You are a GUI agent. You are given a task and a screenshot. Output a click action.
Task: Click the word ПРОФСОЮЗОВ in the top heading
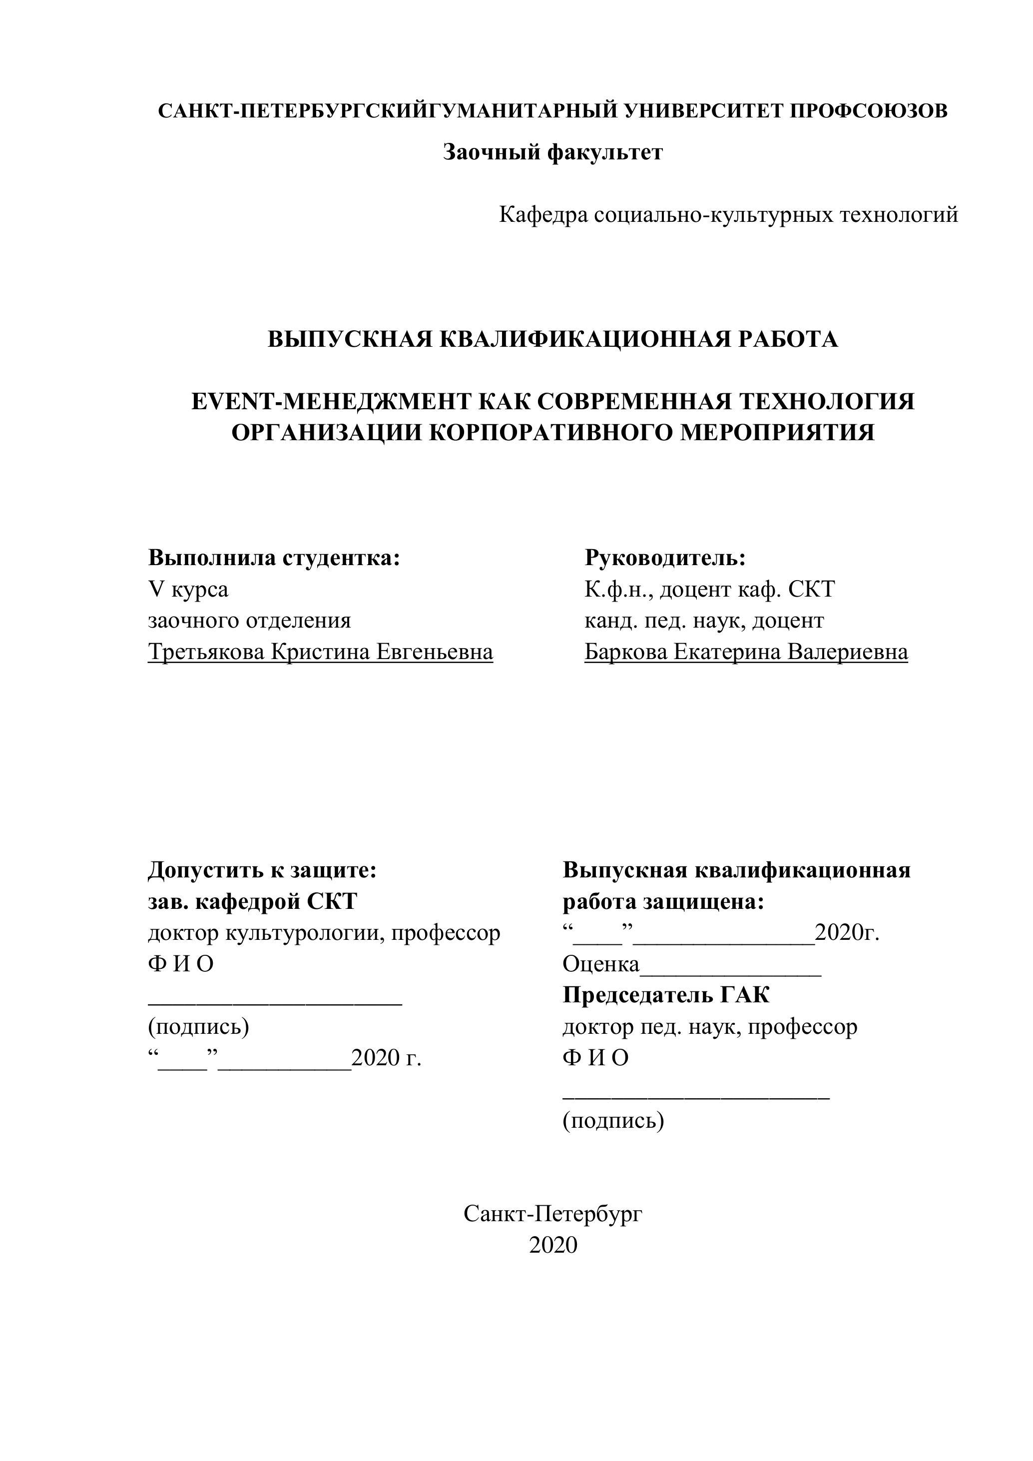coord(868,111)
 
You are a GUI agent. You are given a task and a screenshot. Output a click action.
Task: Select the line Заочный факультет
coord(553,153)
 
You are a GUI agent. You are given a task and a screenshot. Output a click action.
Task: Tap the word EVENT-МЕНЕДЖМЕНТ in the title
coord(331,402)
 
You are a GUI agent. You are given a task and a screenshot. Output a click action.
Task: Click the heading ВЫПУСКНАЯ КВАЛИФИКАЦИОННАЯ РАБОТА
coord(553,339)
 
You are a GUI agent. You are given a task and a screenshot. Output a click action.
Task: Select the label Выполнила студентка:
coord(274,558)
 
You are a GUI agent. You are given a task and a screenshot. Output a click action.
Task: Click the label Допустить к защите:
coord(262,870)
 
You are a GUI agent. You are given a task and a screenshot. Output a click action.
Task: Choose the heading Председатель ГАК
coord(665,995)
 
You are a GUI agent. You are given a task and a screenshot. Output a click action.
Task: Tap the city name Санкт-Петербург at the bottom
coord(553,1214)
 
